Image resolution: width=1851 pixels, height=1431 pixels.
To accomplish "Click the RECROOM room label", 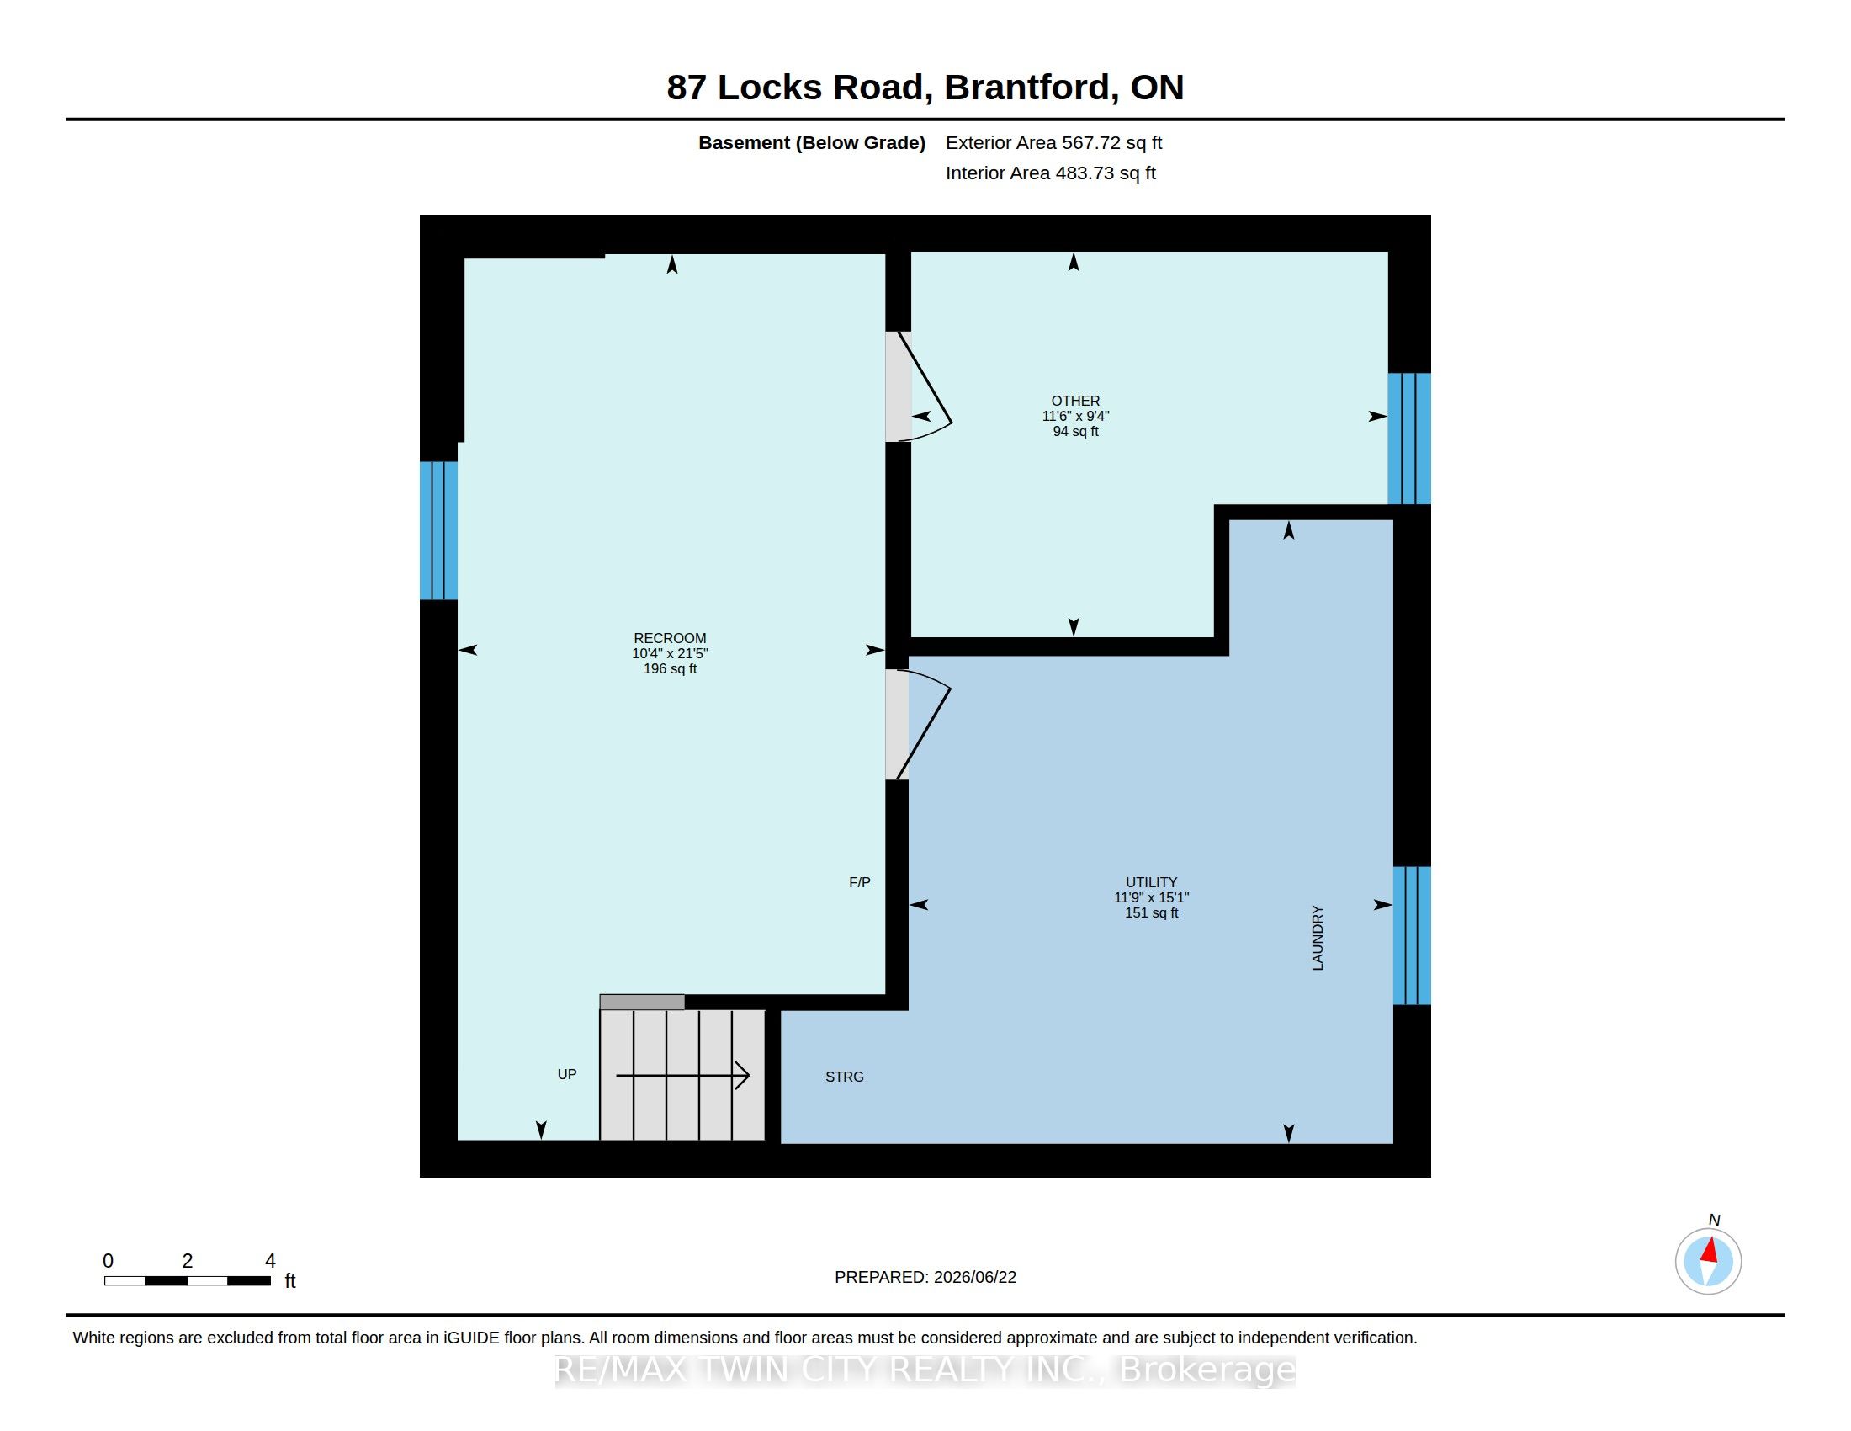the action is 670,638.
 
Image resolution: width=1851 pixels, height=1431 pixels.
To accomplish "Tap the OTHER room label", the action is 1075,401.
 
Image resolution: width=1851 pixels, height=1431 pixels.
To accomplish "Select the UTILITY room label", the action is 1151,881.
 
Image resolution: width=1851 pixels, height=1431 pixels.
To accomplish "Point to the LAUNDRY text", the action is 1317,938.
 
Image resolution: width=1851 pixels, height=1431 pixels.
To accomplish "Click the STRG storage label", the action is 844,1077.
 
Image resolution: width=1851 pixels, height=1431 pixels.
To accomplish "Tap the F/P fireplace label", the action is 859,882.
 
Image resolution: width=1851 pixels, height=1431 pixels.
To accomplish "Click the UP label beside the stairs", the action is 567,1074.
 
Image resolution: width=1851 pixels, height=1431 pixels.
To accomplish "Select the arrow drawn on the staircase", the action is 683,1076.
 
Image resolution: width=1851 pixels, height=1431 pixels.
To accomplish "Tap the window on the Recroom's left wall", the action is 439,530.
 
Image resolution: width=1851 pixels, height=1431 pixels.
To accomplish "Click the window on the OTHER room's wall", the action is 1408,439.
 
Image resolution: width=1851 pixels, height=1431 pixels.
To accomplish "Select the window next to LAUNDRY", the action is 1412,935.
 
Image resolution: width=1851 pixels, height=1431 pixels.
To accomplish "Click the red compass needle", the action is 1710,1250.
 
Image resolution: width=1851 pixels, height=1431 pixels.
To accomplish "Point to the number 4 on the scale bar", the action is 270,1261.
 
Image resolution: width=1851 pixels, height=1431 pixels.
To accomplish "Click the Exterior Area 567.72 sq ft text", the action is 1053,142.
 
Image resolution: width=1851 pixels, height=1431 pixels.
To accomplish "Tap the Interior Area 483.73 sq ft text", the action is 1050,173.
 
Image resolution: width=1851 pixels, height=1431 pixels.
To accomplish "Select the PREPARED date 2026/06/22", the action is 974,1277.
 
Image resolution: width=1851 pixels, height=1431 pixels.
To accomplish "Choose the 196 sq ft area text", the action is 670,669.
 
